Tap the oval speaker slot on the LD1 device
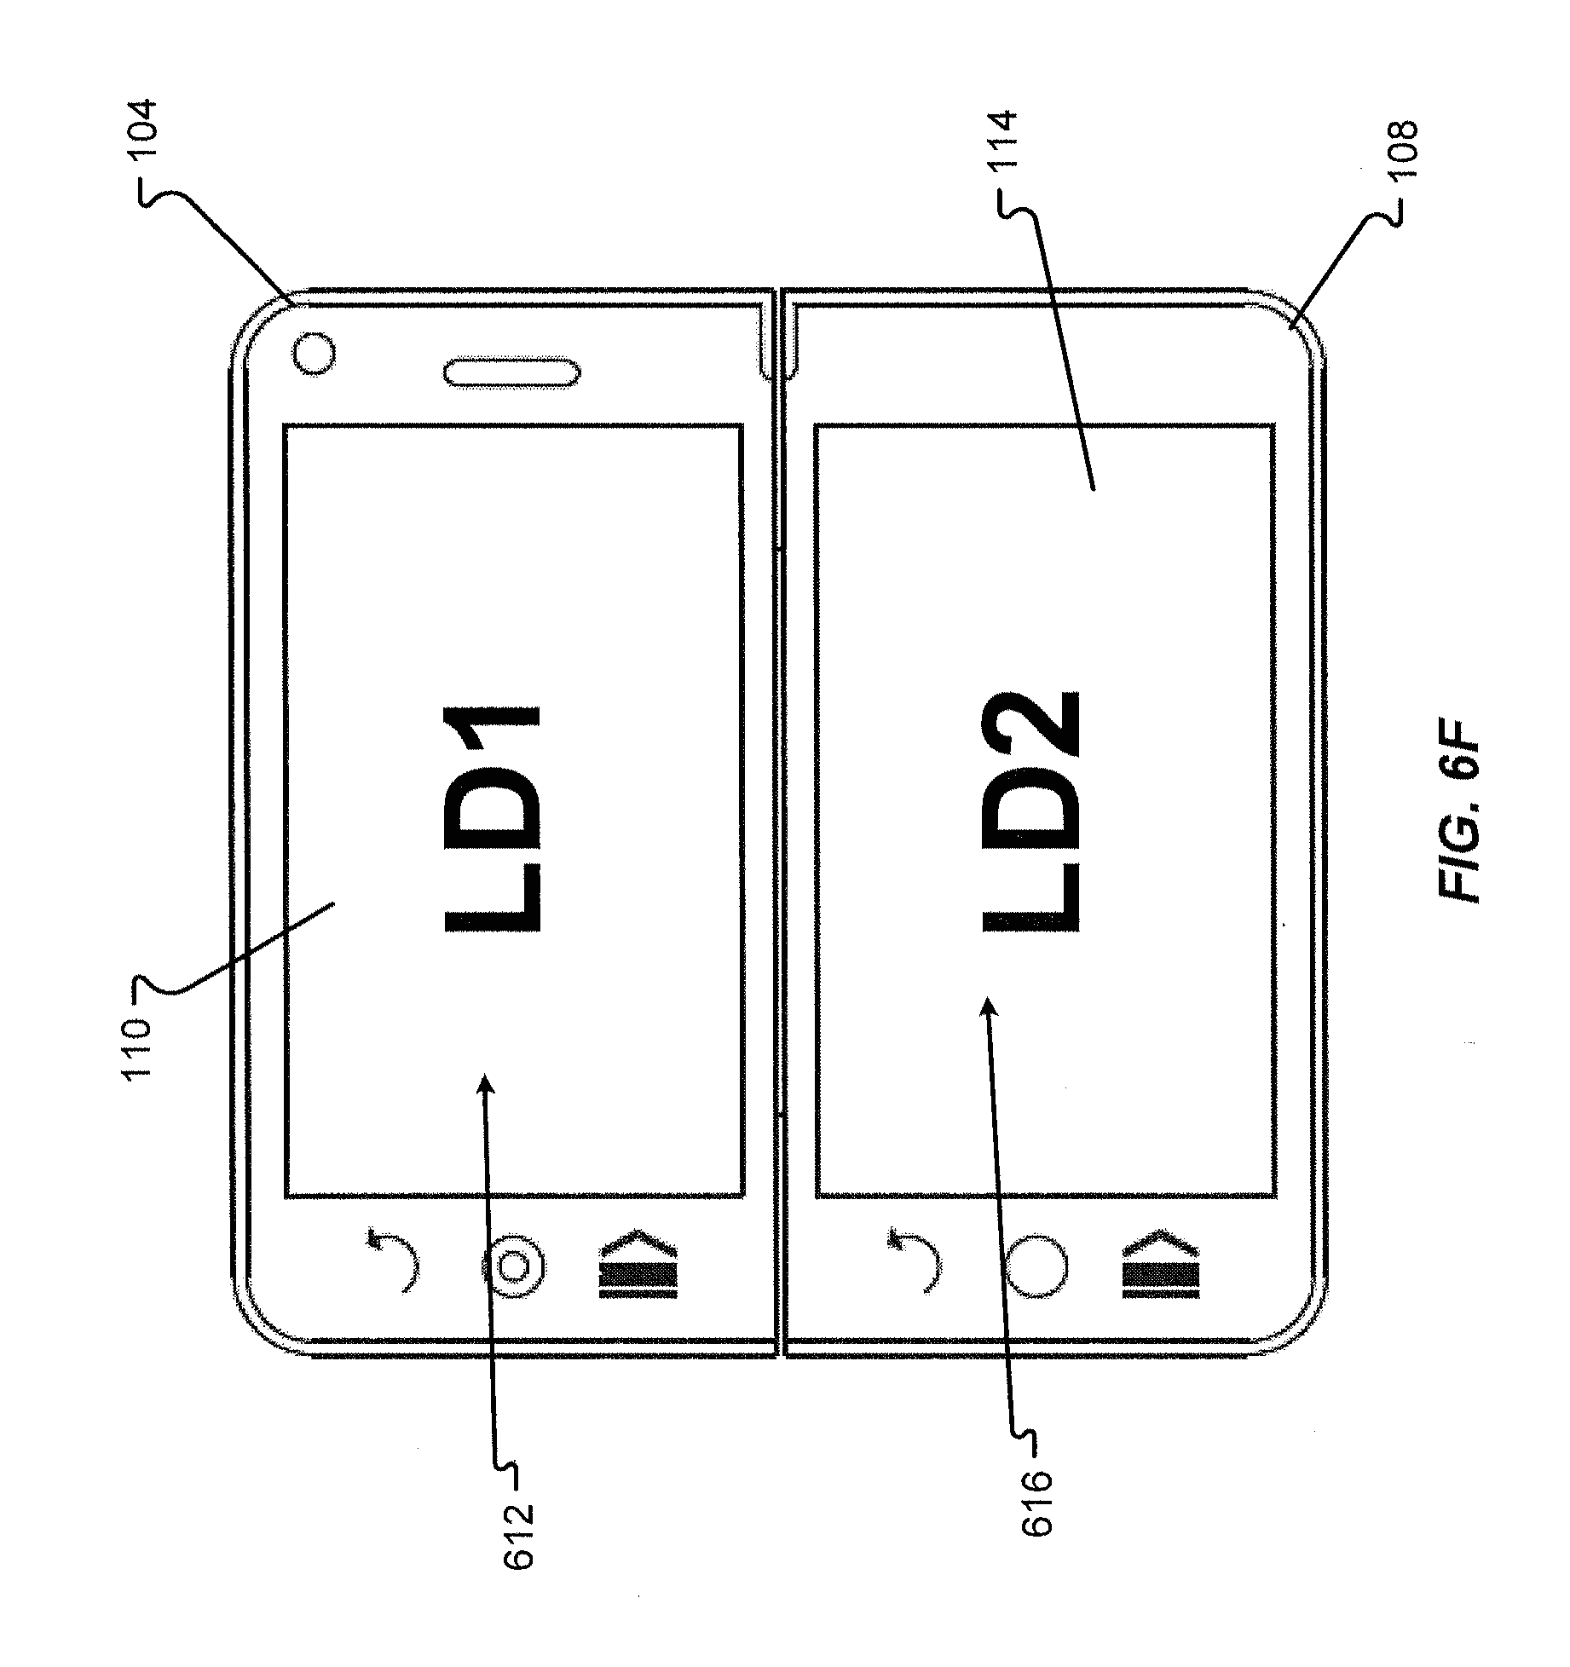click(x=511, y=373)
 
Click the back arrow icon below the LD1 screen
click(x=397, y=1259)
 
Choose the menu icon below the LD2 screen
click(x=1161, y=1264)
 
